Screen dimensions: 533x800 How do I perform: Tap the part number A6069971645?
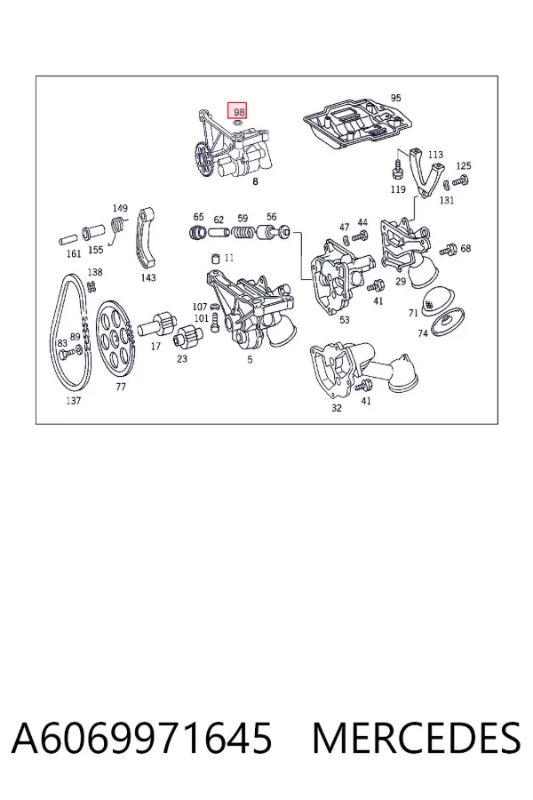[x=141, y=739]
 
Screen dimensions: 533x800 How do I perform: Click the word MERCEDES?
[x=417, y=739]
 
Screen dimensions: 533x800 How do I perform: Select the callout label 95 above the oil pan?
[x=396, y=98]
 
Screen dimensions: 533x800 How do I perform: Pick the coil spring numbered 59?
[x=243, y=234]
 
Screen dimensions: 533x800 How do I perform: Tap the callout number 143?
[x=148, y=278]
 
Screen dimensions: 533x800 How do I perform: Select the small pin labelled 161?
[x=68, y=238]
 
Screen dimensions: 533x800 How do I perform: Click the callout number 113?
[x=435, y=155]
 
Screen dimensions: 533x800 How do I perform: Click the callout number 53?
[x=345, y=320]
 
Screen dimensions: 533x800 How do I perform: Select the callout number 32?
[x=337, y=408]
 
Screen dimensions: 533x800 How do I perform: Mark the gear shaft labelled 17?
[x=159, y=325]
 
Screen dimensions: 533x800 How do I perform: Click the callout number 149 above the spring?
[x=120, y=208]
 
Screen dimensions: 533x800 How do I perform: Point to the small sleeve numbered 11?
[x=216, y=257]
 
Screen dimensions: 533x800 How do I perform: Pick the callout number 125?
[x=463, y=166]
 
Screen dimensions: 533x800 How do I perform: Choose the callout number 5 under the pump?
[x=250, y=360]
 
